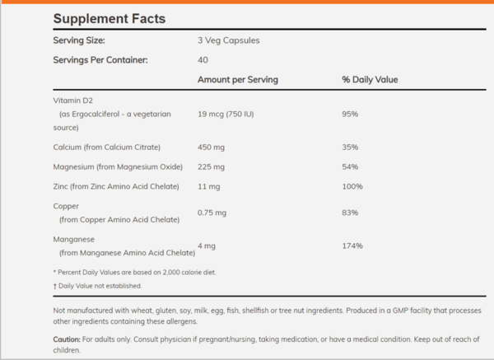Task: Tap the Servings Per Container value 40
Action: [203, 60]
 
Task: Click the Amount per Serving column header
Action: [238, 80]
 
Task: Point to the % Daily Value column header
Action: [370, 80]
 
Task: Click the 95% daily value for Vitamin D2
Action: [350, 114]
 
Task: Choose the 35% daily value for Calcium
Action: [350, 147]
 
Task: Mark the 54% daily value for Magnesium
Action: [350, 166]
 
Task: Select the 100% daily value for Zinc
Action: [352, 186]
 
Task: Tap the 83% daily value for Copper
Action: [350, 213]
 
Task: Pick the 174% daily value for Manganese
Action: [352, 245]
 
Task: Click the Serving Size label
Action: [79, 40]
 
